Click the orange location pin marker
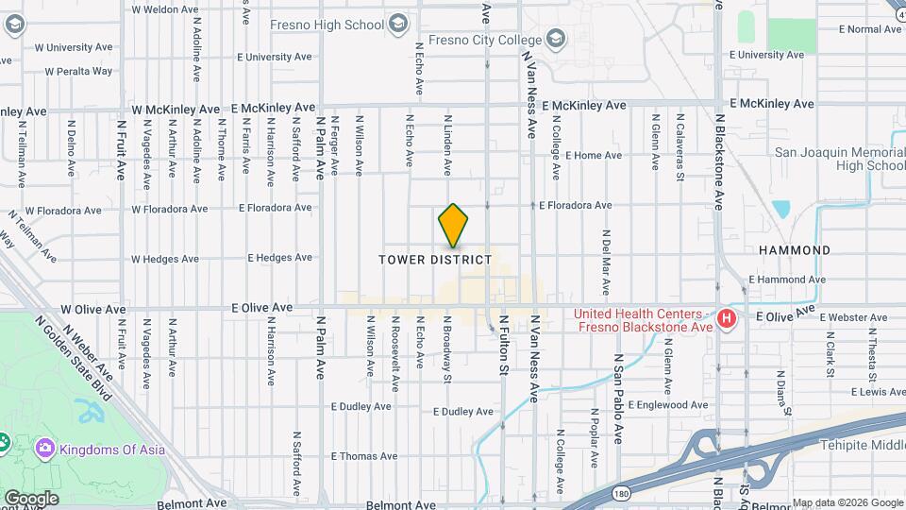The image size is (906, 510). [454, 225]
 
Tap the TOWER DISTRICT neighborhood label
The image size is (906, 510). [435, 259]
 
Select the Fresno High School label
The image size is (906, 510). [327, 25]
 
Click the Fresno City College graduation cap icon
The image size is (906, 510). [555, 39]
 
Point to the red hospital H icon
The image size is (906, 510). [727, 319]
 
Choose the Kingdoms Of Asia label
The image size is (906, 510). [112, 449]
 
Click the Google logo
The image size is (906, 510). [30, 498]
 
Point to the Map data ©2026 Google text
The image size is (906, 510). [847, 502]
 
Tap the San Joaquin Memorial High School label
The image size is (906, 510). [839, 159]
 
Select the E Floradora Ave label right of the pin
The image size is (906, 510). [575, 205]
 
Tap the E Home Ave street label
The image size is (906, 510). [587, 155]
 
